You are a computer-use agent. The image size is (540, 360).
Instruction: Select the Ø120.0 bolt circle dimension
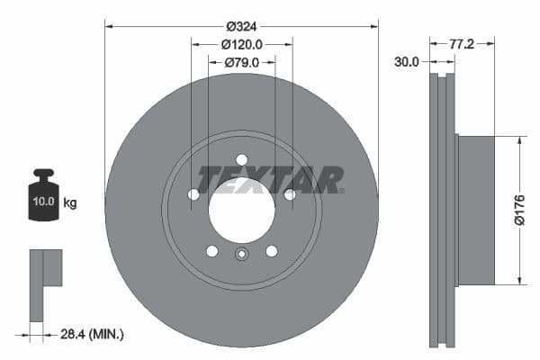point(241,43)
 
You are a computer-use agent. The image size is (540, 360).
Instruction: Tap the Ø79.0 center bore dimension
point(241,62)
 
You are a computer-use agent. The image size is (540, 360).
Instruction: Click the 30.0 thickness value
point(406,62)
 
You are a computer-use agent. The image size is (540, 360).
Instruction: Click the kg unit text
point(69,202)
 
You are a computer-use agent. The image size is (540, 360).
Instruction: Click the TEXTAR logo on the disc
point(270,179)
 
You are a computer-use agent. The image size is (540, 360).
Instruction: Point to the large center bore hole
point(241,210)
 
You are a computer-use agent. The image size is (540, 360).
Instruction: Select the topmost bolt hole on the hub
point(241,159)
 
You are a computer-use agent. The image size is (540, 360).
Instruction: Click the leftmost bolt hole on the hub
point(193,194)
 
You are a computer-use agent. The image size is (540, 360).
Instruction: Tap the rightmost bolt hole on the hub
point(289,194)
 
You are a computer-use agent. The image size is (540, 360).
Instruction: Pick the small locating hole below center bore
point(241,255)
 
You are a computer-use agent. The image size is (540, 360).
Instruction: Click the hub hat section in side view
point(475,210)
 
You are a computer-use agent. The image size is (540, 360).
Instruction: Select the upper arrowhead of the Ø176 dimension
point(520,140)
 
